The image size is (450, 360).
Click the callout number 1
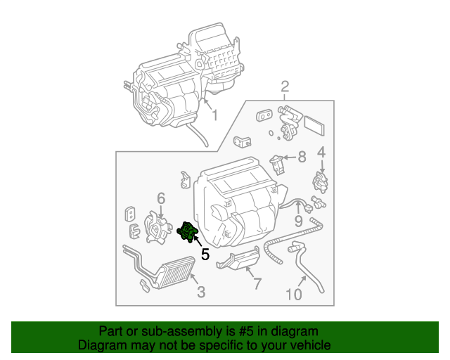tap(214, 115)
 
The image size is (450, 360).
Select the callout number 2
tap(285, 87)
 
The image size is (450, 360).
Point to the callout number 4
tap(321, 152)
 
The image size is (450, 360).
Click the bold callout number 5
tap(205, 255)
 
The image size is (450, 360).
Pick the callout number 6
tap(160, 199)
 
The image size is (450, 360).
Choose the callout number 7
tap(257, 284)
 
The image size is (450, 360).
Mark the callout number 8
tap(302, 157)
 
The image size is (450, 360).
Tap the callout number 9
tap(298, 221)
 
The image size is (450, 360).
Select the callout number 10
tap(294, 294)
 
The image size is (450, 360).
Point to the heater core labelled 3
tap(169, 274)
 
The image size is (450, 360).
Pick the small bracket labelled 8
tap(278, 165)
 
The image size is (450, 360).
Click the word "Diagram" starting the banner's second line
tap(102, 345)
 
